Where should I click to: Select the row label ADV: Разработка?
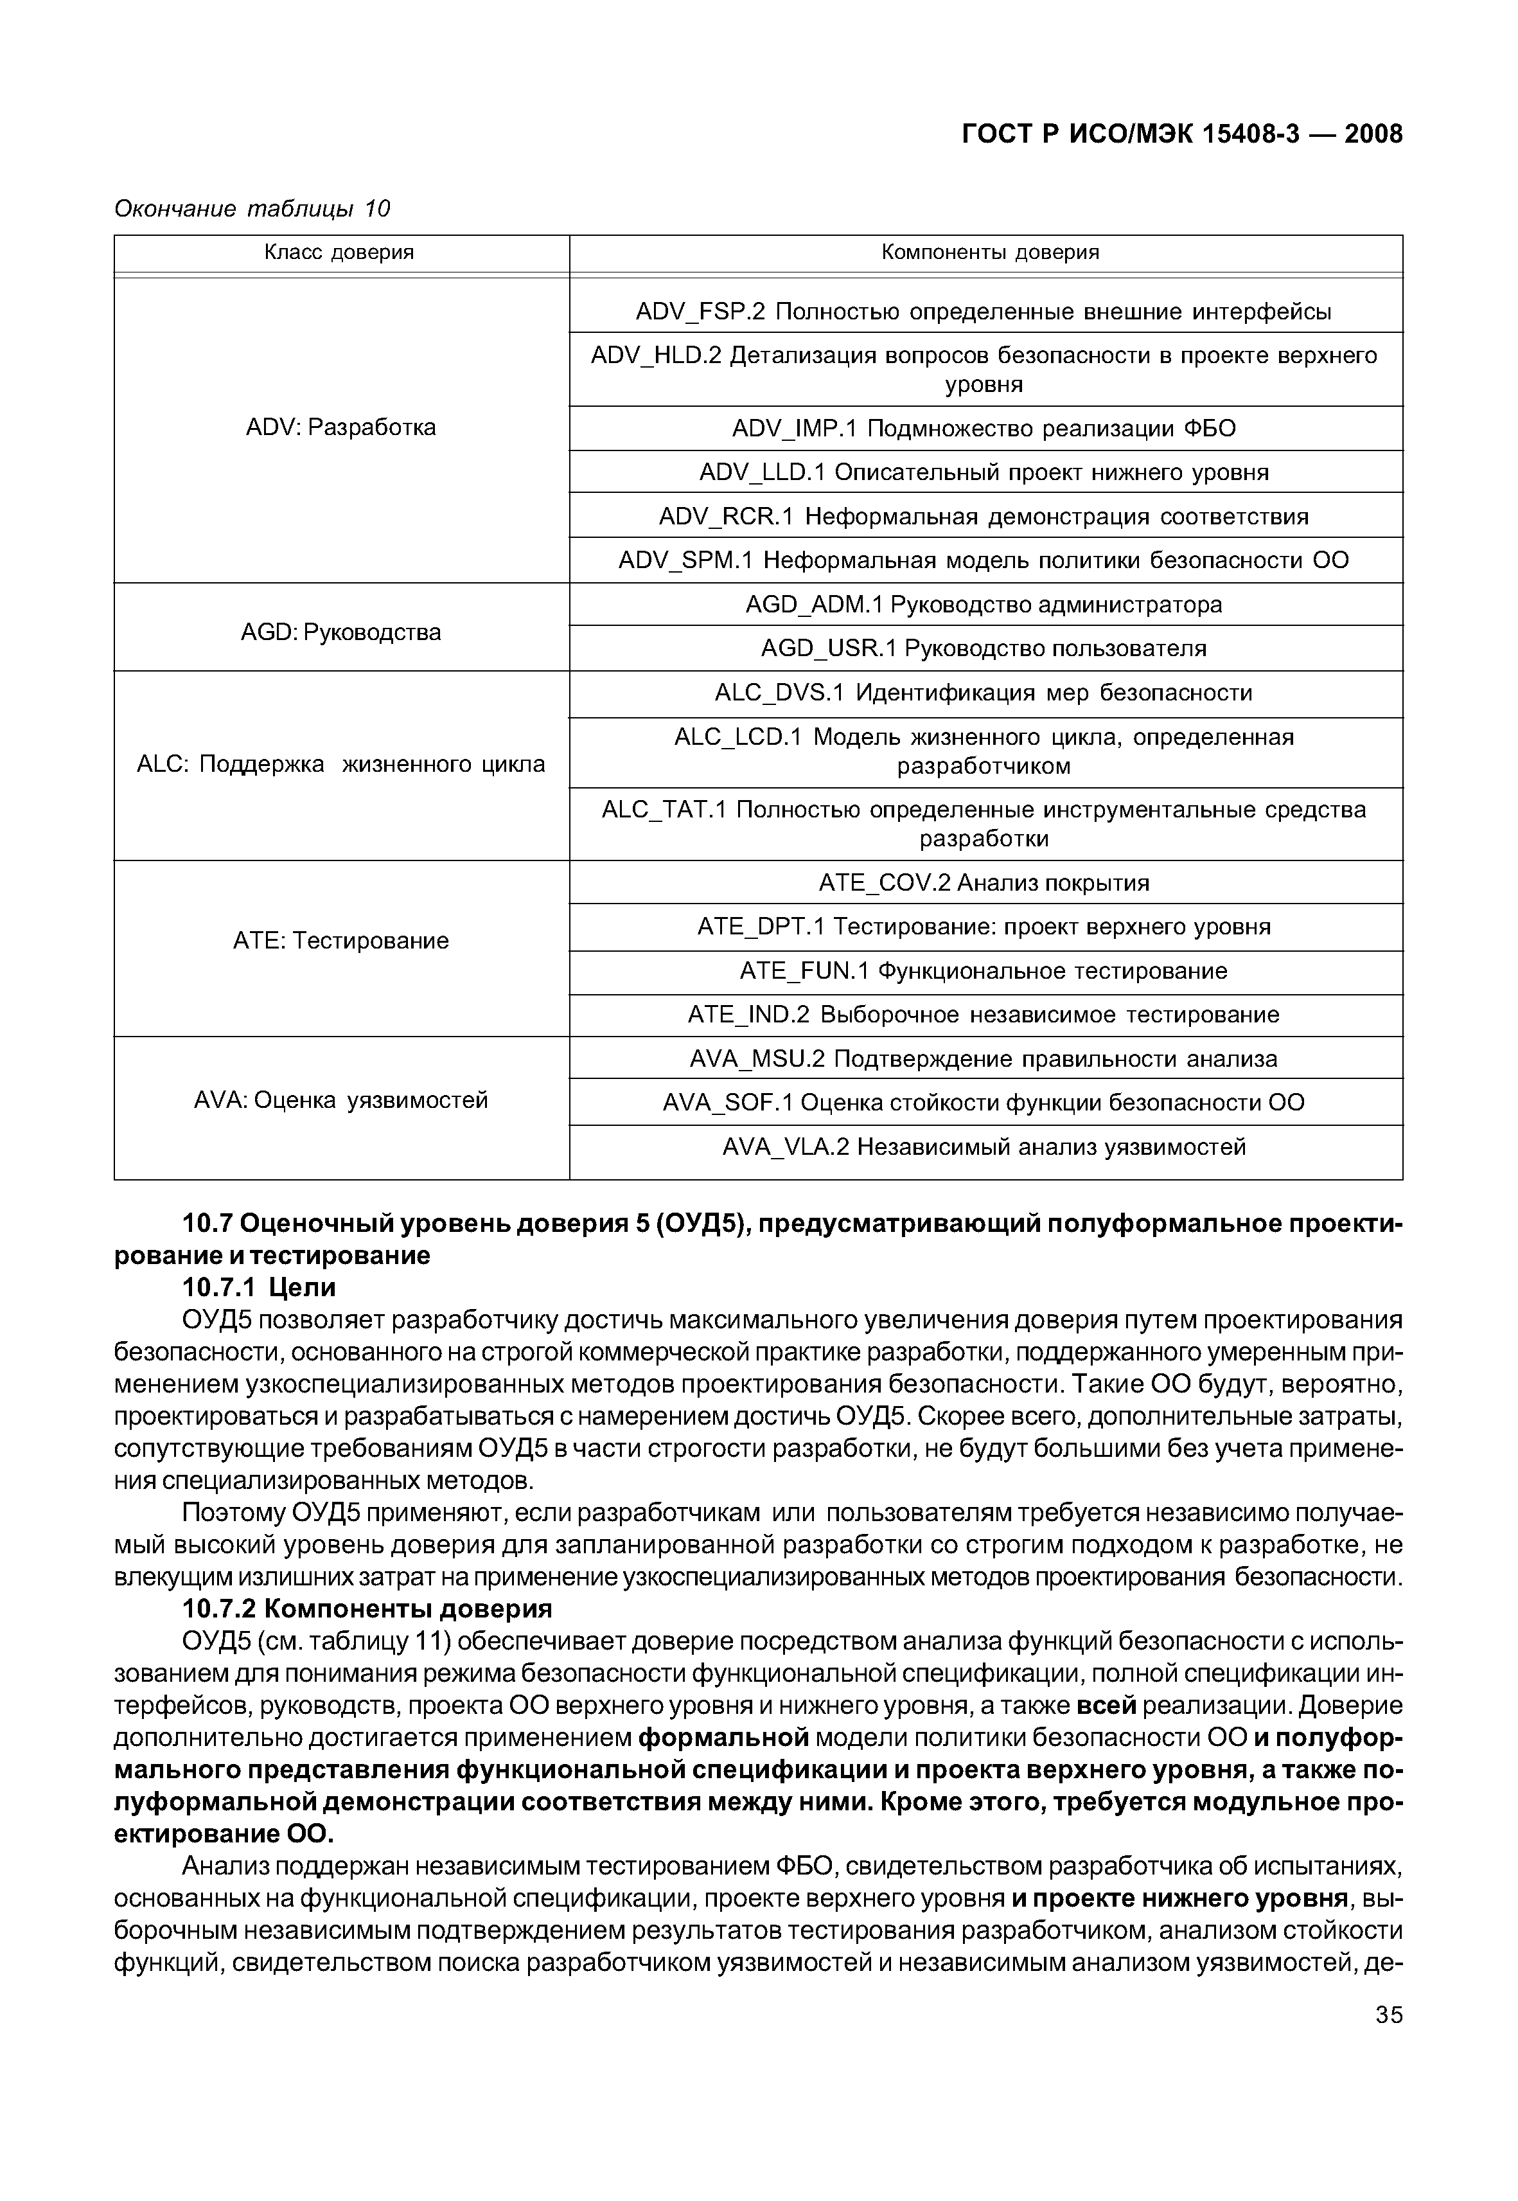(x=340, y=427)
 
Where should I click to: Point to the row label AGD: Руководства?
(x=340, y=632)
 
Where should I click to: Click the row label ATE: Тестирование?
(x=340, y=941)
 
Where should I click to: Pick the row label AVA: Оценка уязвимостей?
(x=340, y=1100)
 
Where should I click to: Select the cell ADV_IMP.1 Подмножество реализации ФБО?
(x=984, y=429)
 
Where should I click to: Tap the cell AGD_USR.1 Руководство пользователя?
(x=984, y=648)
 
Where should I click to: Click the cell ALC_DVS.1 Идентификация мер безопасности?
(x=984, y=693)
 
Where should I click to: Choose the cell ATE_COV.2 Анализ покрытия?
(x=984, y=883)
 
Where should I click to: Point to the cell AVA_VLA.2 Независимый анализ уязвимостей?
(x=984, y=1147)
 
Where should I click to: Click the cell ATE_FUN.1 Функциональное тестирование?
(x=984, y=971)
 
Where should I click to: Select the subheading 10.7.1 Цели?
(x=259, y=1288)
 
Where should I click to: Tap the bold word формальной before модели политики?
(x=723, y=1738)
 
